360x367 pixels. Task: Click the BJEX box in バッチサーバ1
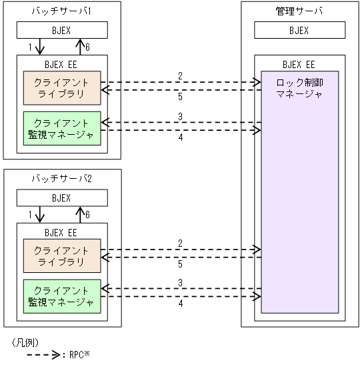click(x=62, y=30)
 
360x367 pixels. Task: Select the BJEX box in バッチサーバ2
click(x=62, y=198)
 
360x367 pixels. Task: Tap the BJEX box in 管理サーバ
click(x=299, y=30)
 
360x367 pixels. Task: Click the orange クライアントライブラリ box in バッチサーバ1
click(x=62, y=87)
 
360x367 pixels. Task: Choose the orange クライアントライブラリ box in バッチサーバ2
click(x=62, y=256)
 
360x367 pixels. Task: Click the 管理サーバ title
click(x=299, y=11)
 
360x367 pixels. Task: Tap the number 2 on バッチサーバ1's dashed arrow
click(x=179, y=75)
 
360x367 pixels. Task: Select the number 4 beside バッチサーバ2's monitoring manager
click(x=179, y=304)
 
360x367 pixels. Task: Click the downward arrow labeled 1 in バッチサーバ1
click(x=39, y=47)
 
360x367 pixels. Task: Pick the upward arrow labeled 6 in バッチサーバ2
click(x=79, y=216)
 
